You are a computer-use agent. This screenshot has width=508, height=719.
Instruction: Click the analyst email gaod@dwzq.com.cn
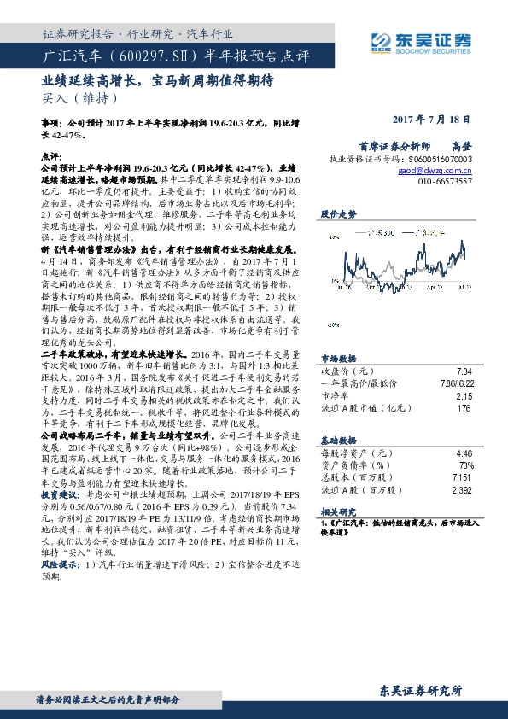[x=441, y=170]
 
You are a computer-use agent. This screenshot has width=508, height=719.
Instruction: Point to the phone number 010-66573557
[x=443, y=182]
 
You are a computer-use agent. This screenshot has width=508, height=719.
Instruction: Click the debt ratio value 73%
[x=464, y=465]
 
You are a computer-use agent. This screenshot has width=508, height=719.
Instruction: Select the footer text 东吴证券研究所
[x=420, y=689]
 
